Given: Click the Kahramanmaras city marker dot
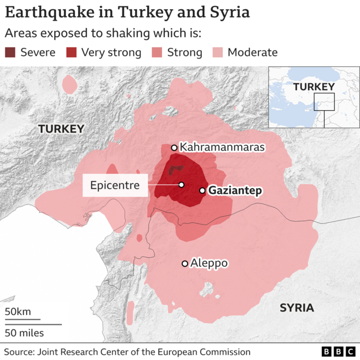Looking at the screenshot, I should (174, 148).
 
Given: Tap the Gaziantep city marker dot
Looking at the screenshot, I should (202, 190).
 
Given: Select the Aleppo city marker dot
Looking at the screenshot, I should (185, 264).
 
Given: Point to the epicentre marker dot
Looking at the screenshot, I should (181, 185).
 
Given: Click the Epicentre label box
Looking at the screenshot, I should (115, 185).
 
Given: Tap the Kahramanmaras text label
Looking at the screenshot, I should (222, 147).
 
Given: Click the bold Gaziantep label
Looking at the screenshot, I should (235, 190).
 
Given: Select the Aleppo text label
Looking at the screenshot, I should (209, 263).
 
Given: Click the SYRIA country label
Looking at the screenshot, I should (297, 307).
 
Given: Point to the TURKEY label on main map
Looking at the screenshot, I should (61, 129).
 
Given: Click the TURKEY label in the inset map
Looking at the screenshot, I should (313, 87).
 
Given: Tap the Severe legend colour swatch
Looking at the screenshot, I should (10, 52).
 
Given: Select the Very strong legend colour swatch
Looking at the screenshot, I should (72, 52).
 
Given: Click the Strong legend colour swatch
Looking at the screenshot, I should (157, 52).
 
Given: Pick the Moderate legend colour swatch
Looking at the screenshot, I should (217, 52).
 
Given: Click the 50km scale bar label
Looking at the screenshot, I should (18, 312).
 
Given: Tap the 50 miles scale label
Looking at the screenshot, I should (24, 332).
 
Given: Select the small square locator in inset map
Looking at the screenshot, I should (324, 102).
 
